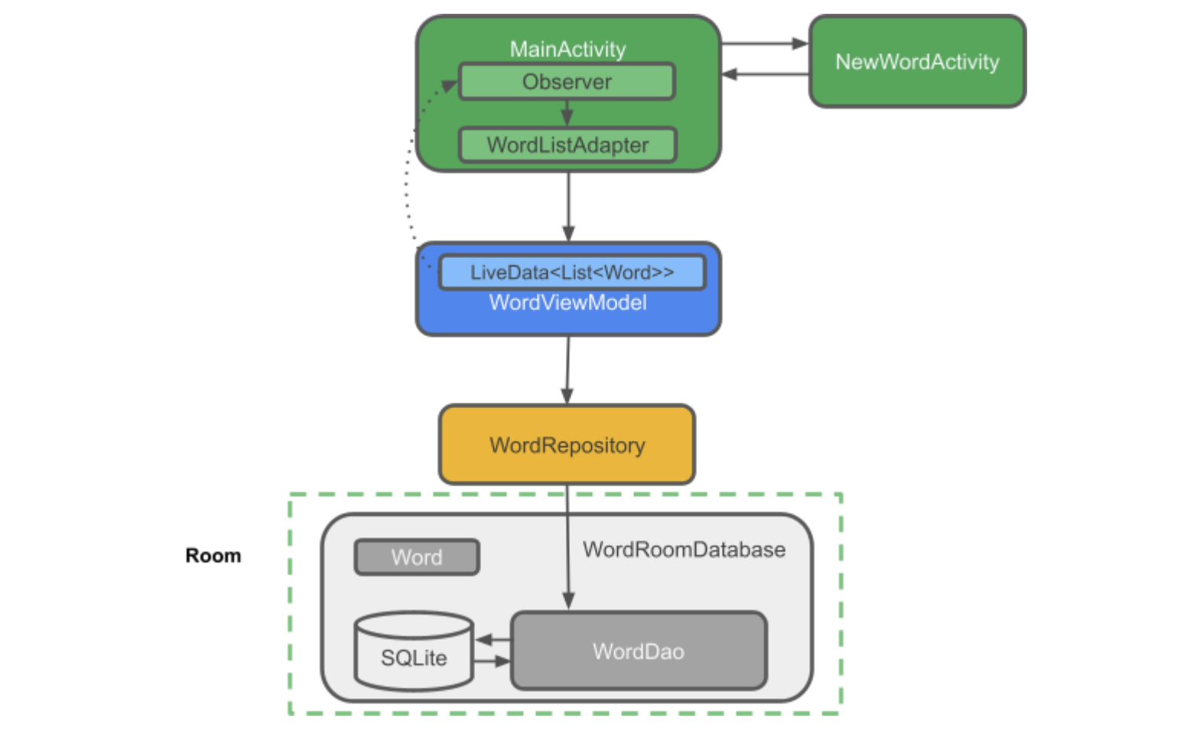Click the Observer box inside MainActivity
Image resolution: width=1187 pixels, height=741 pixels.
(x=567, y=82)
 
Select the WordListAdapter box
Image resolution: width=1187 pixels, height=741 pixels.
(x=567, y=145)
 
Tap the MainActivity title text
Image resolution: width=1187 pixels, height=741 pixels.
(x=567, y=49)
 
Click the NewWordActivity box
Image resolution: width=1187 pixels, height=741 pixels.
(x=917, y=61)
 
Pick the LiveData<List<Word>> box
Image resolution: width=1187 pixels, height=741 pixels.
(x=571, y=273)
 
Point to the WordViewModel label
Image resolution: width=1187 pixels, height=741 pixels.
(x=567, y=303)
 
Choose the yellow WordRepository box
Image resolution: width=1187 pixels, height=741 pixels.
(x=567, y=445)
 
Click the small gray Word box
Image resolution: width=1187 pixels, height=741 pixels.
(x=417, y=557)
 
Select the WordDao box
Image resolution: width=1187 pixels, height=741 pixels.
(x=639, y=651)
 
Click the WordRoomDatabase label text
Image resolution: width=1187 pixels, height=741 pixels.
(x=684, y=549)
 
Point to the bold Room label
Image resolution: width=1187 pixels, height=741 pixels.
(x=213, y=555)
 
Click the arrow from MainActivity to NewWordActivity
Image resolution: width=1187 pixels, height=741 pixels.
(x=765, y=44)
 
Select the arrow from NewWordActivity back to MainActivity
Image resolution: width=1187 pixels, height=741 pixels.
(x=765, y=74)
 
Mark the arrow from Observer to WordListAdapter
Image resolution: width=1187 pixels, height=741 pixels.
(x=567, y=113)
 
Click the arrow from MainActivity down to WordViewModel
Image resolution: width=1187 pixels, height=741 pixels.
(x=567, y=207)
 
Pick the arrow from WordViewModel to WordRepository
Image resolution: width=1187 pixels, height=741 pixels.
(x=567, y=370)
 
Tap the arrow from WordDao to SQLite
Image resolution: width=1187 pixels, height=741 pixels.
(x=493, y=639)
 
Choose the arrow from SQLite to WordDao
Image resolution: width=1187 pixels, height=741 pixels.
(x=493, y=661)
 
